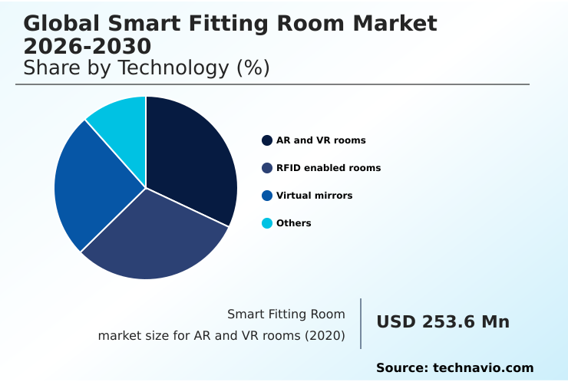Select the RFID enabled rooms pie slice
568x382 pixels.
[x=154, y=238]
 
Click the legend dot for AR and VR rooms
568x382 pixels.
[x=267, y=140]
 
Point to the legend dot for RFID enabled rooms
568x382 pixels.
[x=267, y=168]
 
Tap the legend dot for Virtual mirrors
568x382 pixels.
[x=267, y=196]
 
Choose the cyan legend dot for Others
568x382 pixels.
[x=267, y=223]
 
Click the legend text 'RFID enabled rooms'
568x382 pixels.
[x=329, y=168]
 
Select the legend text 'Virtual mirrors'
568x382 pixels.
[x=315, y=196]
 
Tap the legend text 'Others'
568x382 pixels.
[x=294, y=223]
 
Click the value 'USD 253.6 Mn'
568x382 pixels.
[x=443, y=322]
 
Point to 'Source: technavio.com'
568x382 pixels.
[x=454, y=368]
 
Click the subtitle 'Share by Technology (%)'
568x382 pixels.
[x=147, y=68]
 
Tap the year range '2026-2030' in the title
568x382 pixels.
[x=87, y=46]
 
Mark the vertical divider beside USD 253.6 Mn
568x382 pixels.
[x=361, y=324]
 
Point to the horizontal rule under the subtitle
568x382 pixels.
[x=272, y=84]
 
